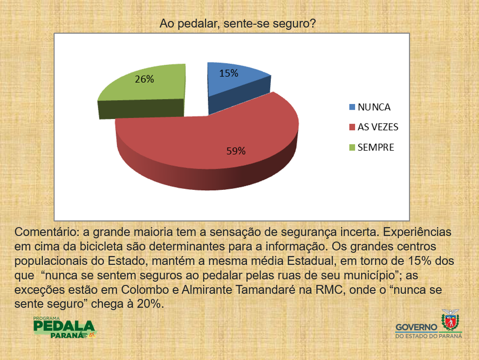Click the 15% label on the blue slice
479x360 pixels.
coord(228,73)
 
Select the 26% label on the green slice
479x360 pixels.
coord(144,79)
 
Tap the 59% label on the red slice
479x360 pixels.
coord(236,151)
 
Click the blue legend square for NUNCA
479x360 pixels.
coord(352,107)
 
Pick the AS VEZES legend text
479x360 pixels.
coord(378,127)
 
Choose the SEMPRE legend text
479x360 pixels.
coord(376,147)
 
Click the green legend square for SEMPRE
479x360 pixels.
coord(352,147)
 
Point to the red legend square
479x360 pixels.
coord(352,127)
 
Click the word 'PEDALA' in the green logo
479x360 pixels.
coord(64,326)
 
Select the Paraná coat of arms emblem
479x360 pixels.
coord(450,320)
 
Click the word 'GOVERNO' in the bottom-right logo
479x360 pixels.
coord(417,327)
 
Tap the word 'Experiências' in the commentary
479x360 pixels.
coord(417,232)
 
